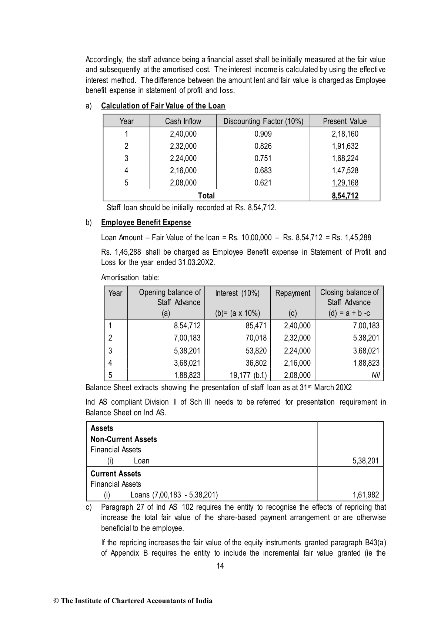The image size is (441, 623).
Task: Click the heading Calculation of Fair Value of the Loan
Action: point(163,106)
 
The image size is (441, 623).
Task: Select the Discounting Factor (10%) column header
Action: point(263,121)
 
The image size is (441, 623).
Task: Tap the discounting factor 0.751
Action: point(263,158)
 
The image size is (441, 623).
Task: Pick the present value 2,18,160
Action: point(345,134)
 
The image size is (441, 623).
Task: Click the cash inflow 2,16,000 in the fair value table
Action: point(183,171)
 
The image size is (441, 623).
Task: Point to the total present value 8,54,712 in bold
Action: point(345,195)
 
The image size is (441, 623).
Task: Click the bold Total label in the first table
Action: point(206,195)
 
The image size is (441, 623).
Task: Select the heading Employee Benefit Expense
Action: point(146,222)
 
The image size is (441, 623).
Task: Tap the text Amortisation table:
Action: point(130,277)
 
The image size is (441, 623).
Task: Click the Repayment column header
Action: point(293,293)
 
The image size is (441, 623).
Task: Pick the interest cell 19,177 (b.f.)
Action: point(248,375)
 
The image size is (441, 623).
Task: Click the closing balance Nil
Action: point(375,375)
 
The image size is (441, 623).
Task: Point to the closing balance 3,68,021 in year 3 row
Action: point(366,351)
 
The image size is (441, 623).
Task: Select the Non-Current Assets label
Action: point(124,439)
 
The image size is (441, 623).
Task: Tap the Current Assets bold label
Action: point(116,474)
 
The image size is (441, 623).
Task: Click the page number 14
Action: point(220,566)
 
